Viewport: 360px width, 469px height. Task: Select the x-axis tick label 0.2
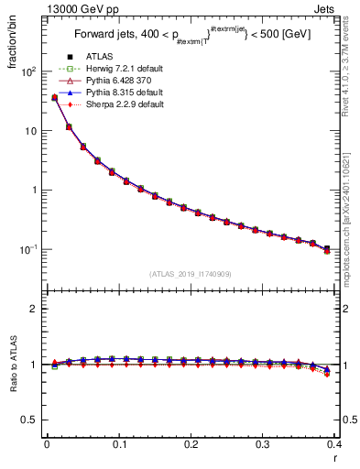(x=191, y=444)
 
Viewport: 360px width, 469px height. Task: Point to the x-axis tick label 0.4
(x=334, y=444)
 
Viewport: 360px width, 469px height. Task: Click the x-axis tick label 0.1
(x=119, y=444)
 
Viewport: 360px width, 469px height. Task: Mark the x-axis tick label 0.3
(x=263, y=444)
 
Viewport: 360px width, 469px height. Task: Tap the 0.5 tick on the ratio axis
(x=30, y=420)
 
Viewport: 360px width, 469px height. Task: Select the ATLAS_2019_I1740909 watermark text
(x=190, y=274)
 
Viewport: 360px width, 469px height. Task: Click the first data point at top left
(x=54, y=97)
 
